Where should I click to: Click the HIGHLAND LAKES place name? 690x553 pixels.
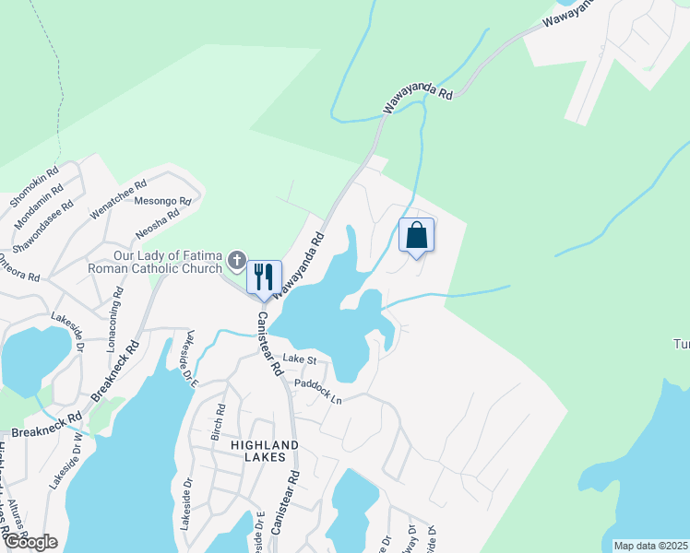pyautogui.click(x=265, y=453)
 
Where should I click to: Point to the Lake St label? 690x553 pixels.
pyautogui.click(x=300, y=358)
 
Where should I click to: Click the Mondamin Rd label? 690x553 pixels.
pyautogui.click(x=39, y=200)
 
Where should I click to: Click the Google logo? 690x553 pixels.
pyautogui.click(x=30, y=542)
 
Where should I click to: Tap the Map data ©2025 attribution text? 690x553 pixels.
pyautogui.click(x=649, y=546)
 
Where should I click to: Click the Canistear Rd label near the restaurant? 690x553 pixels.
pyautogui.click(x=268, y=342)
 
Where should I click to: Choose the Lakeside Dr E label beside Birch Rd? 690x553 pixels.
pyautogui.click(x=192, y=358)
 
